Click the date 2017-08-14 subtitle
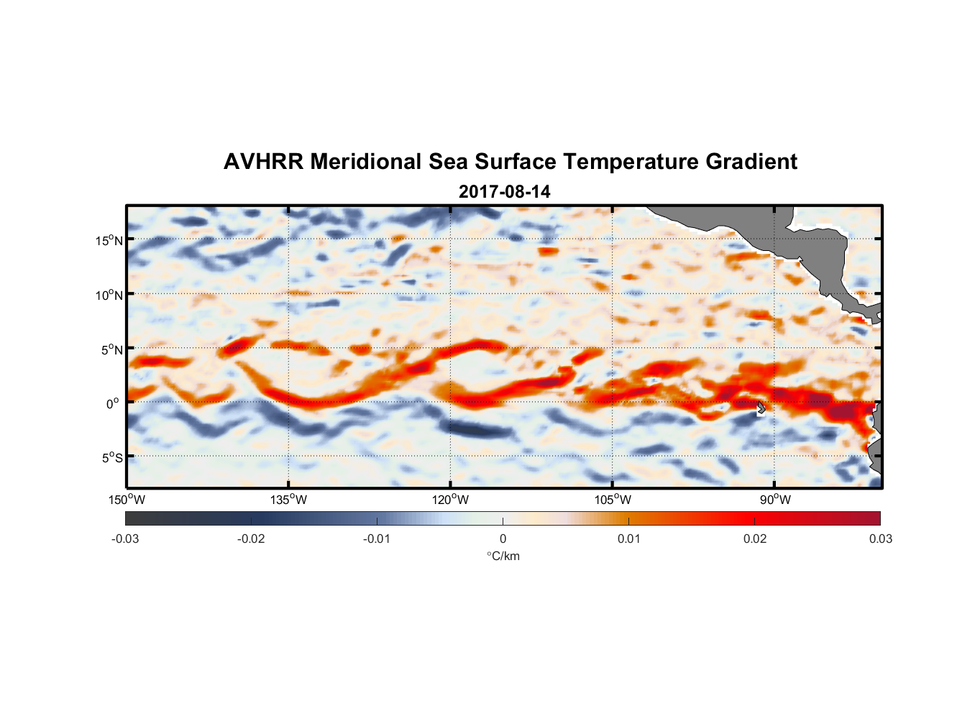(x=504, y=192)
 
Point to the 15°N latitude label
(x=109, y=240)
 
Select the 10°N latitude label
(x=109, y=295)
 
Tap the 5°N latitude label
(x=111, y=349)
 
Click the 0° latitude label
(x=113, y=403)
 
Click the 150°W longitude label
(x=127, y=500)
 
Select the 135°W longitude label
(x=288, y=500)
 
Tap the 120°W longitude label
(x=450, y=500)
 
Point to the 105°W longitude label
(x=613, y=500)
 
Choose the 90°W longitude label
(x=774, y=500)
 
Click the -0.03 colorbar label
(x=125, y=539)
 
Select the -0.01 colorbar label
(x=376, y=539)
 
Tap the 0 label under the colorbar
(x=503, y=539)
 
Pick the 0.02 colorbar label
(x=755, y=539)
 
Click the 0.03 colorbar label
(x=880, y=539)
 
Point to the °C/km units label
(x=503, y=556)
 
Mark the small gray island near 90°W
(x=761, y=408)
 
